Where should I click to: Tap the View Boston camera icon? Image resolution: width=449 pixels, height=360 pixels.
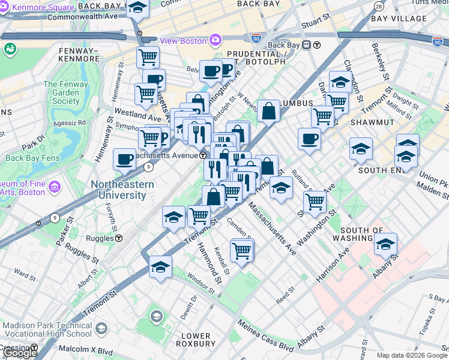point(215,40)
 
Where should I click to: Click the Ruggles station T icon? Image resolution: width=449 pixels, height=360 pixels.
point(119,238)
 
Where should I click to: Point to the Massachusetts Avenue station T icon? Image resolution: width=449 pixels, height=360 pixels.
point(203,155)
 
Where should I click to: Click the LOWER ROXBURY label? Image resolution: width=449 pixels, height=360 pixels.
point(196,340)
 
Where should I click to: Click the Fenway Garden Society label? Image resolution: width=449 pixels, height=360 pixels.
point(65,92)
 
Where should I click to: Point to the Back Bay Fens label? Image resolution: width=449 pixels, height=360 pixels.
point(30,157)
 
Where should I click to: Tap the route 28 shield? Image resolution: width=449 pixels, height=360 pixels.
point(378,6)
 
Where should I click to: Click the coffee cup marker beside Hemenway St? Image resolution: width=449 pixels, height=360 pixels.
point(125,160)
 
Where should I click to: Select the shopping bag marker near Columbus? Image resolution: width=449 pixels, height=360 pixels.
point(270,110)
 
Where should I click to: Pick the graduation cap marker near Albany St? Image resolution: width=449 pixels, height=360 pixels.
point(386,244)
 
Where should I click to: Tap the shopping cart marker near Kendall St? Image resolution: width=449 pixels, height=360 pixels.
point(242,250)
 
